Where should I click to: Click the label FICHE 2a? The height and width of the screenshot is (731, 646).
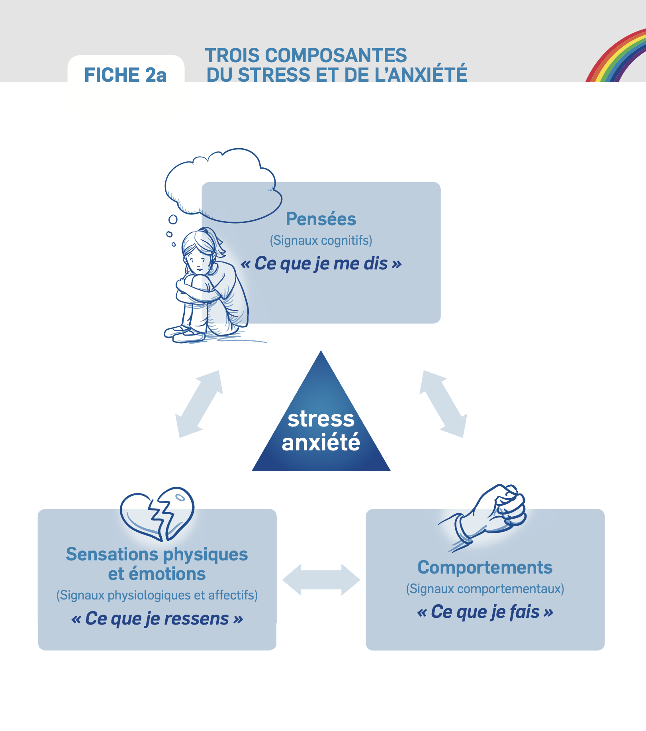click(x=125, y=75)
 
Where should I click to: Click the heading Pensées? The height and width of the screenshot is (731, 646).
click(x=321, y=219)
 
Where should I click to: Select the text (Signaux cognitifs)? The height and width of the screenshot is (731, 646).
click(x=321, y=240)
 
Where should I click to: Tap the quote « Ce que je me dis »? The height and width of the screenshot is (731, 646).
click(x=321, y=263)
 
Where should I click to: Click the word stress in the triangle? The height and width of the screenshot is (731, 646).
click(x=321, y=419)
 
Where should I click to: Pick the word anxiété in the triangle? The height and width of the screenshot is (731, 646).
click(x=321, y=442)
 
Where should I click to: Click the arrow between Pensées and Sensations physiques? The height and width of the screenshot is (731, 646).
click(x=199, y=404)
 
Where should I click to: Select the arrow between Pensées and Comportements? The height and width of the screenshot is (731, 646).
click(x=443, y=404)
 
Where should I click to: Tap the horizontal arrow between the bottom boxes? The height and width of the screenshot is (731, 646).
click(x=321, y=580)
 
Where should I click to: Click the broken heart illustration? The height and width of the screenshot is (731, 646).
click(x=157, y=514)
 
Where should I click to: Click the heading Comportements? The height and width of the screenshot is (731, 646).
click(x=485, y=567)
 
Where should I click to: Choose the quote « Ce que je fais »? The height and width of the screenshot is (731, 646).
click(x=485, y=612)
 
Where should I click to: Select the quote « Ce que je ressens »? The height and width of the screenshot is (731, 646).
click(x=157, y=618)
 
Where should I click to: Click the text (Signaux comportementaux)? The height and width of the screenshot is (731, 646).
click(x=485, y=589)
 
